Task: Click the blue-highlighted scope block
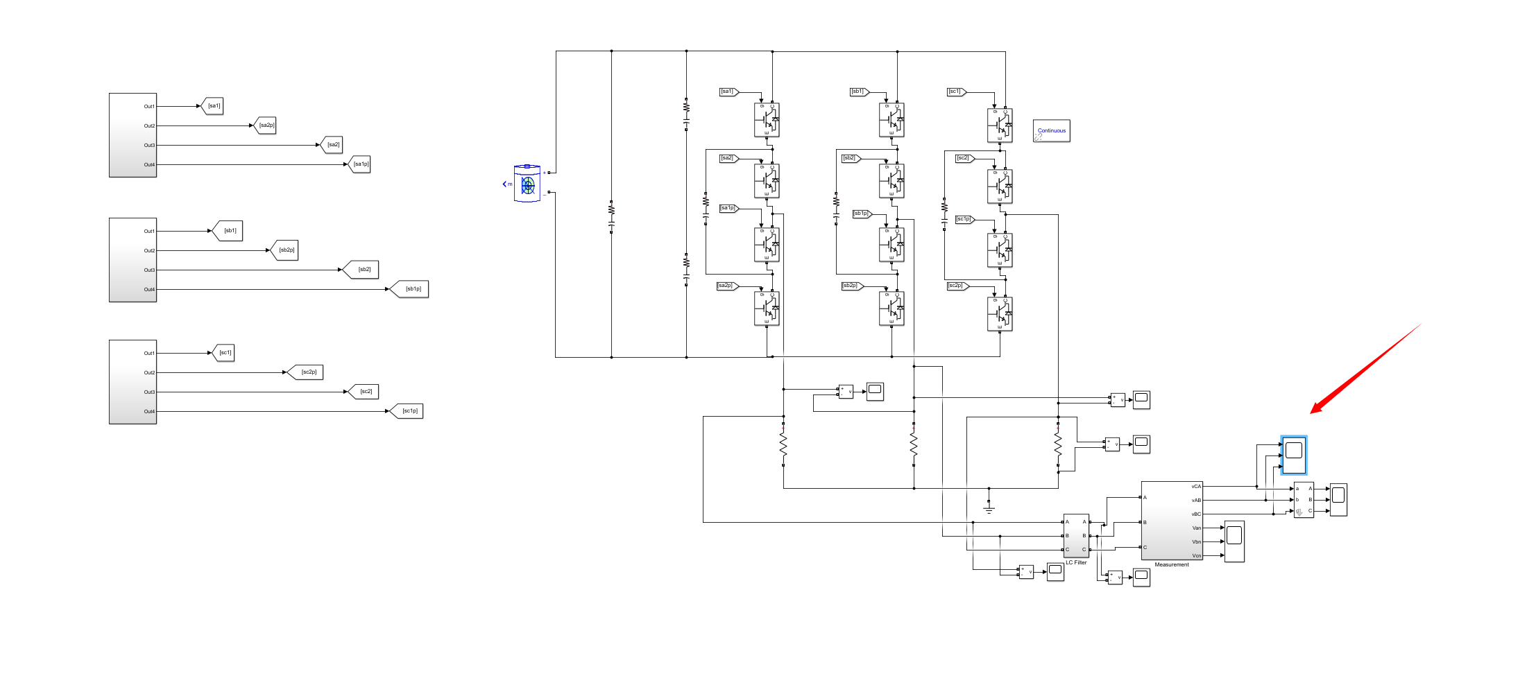pyautogui.click(x=1293, y=454)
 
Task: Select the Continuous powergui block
pyautogui.click(x=1051, y=130)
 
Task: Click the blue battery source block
pyautogui.click(x=527, y=184)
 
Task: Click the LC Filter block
pyautogui.click(x=1075, y=535)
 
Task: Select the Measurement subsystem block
pyautogui.click(x=1171, y=521)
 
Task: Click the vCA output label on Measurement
pyautogui.click(x=1196, y=487)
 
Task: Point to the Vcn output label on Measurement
pyautogui.click(x=1196, y=556)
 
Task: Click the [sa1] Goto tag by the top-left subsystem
pyautogui.click(x=213, y=106)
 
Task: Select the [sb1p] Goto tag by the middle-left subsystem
pyautogui.click(x=412, y=289)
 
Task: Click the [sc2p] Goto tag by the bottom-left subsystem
pyautogui.click(x=307, y=372)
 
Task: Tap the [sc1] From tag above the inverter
pyautogui.click(x=955, y=92)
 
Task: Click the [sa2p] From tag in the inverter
pyautogui.click(x=726, y=286)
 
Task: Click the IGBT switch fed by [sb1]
pyautogui.click(x=892, y=120)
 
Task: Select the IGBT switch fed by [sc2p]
pyautogui.click(x=1000, y=314)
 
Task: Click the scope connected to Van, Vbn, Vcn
pyautogui.click(x=1234, y=541)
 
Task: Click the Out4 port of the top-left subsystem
pyautogui.click(x=149, y=165)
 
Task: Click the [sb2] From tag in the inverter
pyautogui.click(x=850, y=158)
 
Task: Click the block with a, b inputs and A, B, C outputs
pyautogui.click(x=1303, y=500)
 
